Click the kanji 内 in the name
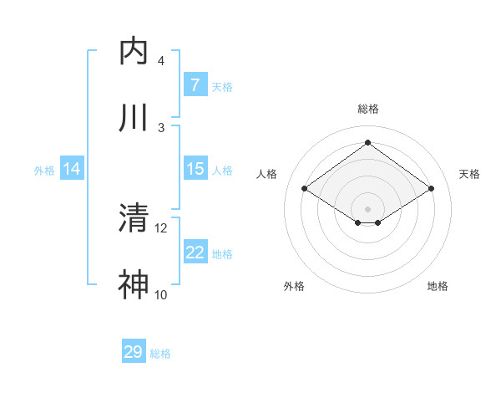134,52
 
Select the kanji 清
134,219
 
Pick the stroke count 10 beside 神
161,294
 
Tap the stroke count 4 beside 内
161,61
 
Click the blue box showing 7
195,85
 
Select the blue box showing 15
195,169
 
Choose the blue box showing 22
195,253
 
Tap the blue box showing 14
72,169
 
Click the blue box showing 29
134,352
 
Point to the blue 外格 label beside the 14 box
44,171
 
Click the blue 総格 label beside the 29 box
160,354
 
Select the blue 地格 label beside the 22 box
222,254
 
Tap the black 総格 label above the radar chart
368,109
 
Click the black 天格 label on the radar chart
469,174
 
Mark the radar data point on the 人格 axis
305,189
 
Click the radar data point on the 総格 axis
367,142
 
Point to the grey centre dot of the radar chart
367,207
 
